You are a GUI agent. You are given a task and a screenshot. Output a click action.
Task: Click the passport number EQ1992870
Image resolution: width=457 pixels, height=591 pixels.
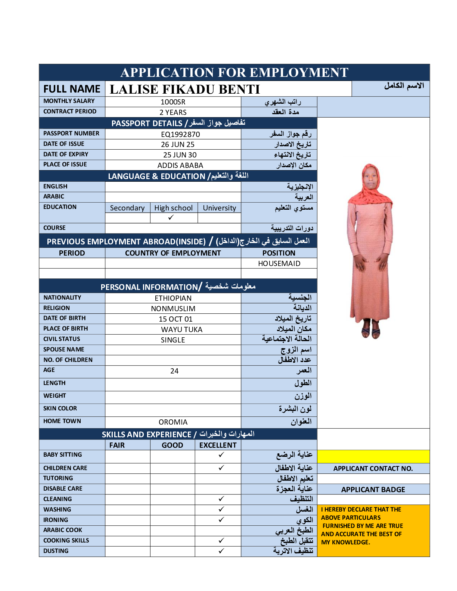pos(180,134)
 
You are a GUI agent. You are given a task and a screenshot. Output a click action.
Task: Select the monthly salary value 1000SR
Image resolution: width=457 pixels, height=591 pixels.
pos(173,102)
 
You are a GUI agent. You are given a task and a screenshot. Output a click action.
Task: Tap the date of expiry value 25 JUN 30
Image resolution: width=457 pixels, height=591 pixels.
pos(180,155)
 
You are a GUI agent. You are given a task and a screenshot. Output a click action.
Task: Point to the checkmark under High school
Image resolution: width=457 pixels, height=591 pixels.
pos(171,218)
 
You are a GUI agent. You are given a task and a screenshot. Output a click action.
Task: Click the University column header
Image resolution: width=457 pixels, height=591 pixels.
pos(219,208)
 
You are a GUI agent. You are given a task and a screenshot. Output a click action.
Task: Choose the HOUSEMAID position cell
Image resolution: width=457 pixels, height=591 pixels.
pos(279,263)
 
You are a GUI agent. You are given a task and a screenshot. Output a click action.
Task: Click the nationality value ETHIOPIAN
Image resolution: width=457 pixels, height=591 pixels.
pos(173,298)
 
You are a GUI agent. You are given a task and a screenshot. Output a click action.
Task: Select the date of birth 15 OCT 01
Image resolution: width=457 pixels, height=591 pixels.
pos(175,319)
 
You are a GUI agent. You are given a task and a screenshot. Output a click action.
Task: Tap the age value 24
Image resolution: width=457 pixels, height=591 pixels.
pos(174,371)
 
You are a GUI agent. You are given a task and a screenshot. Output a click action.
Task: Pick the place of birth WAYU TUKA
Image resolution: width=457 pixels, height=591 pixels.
pos(181,329)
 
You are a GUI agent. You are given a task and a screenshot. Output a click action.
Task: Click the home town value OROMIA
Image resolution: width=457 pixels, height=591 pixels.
pos(173,422)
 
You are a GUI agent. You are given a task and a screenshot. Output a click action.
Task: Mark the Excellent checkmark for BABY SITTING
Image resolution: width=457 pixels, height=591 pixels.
pos(221,454)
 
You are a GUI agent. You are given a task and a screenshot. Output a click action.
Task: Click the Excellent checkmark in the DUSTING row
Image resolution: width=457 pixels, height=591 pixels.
pos(221,551)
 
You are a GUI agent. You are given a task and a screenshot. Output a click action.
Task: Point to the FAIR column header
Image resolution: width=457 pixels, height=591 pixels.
pos(117,445)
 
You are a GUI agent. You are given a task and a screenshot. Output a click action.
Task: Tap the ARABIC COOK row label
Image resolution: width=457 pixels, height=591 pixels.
pos(63,530)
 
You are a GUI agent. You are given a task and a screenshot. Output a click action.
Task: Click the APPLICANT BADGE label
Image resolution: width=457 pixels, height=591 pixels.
pos(373,490)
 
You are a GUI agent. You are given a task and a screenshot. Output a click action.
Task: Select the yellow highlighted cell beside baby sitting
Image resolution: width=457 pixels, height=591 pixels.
pos(373,456)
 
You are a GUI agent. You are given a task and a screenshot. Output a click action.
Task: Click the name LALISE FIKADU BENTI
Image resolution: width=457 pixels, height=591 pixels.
pos(184,89)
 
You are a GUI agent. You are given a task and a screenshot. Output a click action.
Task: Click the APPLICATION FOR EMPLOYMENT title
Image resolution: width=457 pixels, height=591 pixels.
pos(234,72)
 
